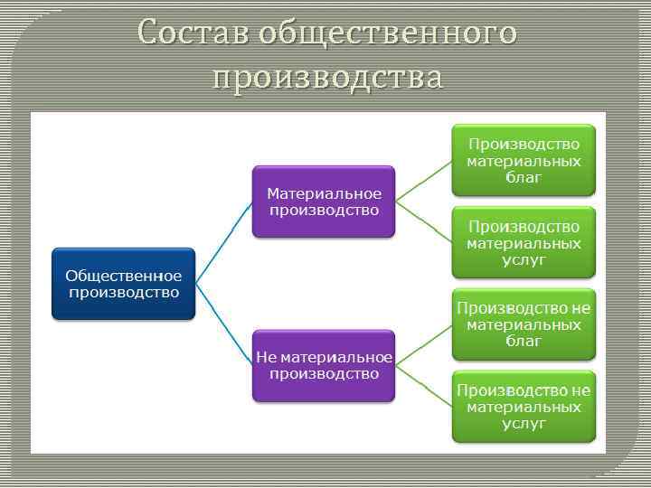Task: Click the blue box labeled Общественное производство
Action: pyautogui.click(x=123, y=284)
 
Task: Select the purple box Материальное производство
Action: pyautogui.click(x=324, y=202)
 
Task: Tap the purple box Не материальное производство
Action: pyautogui.click(x=324, y=365)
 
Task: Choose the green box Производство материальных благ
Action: pyautogui.click(x=524, y=160)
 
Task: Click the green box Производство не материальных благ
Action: pyautogui.click(x=524, y=324)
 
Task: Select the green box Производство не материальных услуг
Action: pyautogui.click(x=524, y=406)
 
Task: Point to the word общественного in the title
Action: pyautogui.click(x=388, y=33)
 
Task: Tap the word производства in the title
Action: pyautogui.click(x=328, y=78)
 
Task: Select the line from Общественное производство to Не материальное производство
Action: pyautogui.click(x=223, y=324)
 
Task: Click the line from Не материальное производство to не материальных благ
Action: pyautogui.click(x=423, y=344)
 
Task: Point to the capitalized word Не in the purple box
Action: pyautogui.click(x=265, y=357)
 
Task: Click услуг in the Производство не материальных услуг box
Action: pyautogui.click(x=524, y=423)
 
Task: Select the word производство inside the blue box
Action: pyautogui.click(x=123, y=292)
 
